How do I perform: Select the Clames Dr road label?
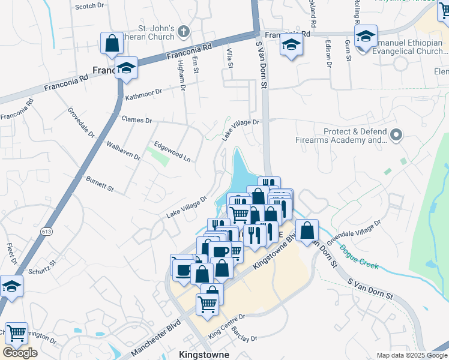click(x=137, y=119)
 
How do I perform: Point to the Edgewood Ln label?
click(x=172, y=151)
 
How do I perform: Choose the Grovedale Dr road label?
click(x=81, y=122)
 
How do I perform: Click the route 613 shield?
click(x=46, y=231)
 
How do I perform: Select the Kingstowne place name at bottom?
click(x=204, y=355)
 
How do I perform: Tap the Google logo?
click(x=19, y=353)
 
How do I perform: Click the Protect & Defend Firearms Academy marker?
click(x=396, y=136)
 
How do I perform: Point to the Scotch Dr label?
click(x=88, y=7)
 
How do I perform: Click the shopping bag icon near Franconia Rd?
click(x=112, y=43)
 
